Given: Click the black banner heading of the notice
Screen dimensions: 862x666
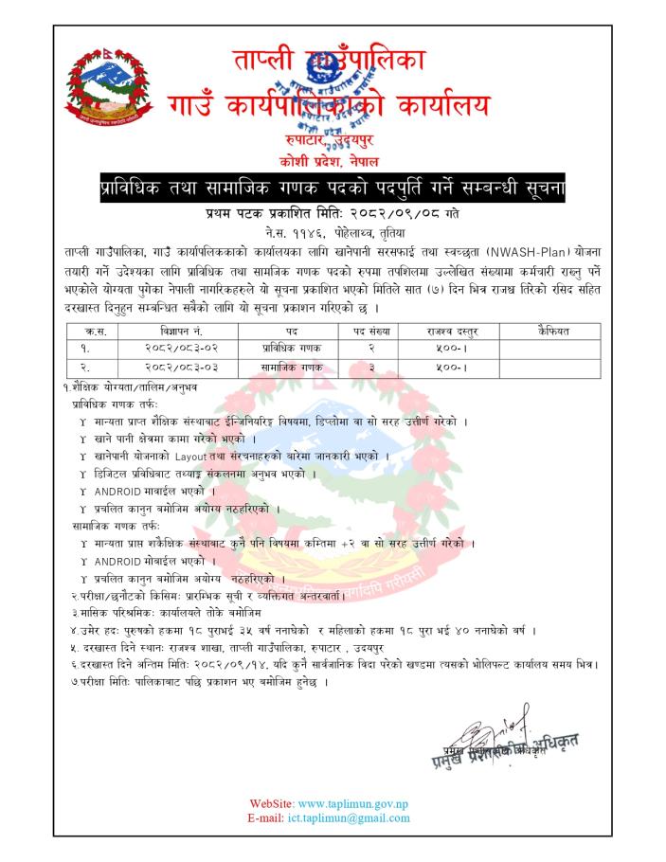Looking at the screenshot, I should click(x=333, y=189).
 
